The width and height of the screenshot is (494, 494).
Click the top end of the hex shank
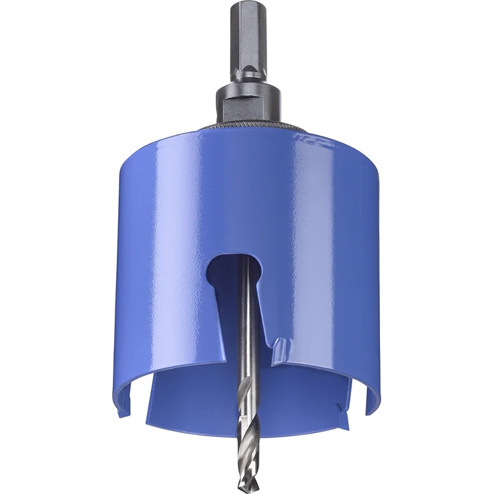[247, 6]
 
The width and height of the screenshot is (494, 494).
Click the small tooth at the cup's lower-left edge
[119, 407]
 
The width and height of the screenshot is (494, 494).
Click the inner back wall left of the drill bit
[195, 403]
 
